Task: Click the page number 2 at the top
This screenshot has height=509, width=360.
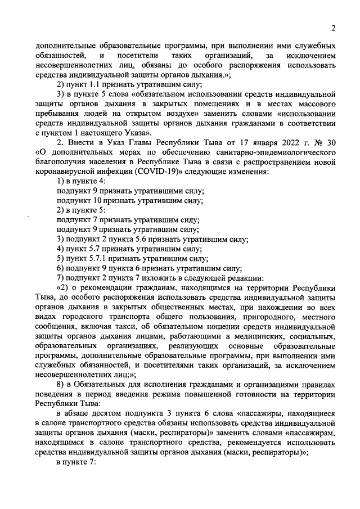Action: (334, 29)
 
